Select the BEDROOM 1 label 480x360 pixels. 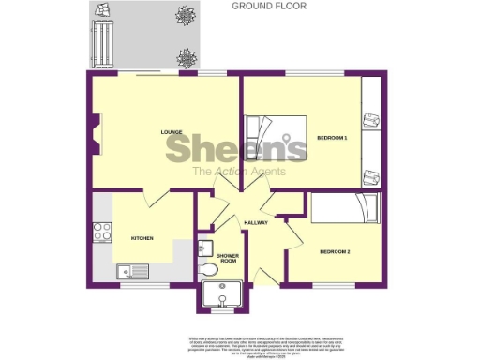332,139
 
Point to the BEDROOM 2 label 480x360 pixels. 335,252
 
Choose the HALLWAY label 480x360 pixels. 256,223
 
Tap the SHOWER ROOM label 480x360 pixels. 228,259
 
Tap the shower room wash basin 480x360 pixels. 206,247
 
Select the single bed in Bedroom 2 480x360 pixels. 344,208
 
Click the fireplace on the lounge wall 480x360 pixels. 95,131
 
